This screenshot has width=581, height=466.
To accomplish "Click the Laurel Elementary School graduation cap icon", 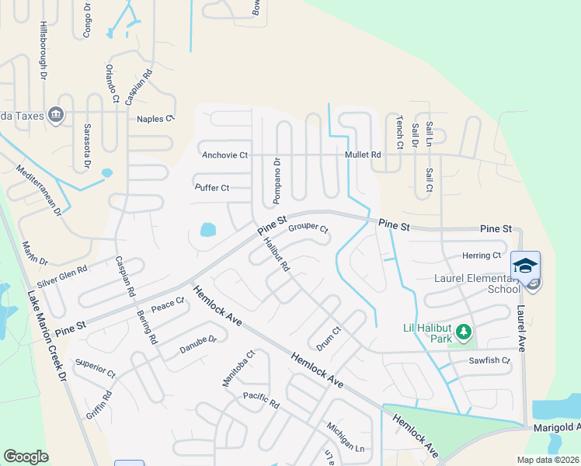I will click(x=525, y=265).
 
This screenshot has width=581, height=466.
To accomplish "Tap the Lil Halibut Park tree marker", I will click(x=464, y=333).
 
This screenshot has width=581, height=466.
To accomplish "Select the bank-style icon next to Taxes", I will click(x=55, y=115).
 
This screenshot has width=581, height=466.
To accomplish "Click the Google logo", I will click(x=26, y=457).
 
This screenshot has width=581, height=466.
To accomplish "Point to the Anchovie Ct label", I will click(x=224, y=155).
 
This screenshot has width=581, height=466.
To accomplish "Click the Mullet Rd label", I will click(x=364, y=155).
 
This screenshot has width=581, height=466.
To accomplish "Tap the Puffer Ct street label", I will click(x=211, y=188).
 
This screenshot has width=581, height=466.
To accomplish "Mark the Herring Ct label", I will click(x=481, y=256).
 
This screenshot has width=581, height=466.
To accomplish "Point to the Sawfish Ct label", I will click(x=489, y=361).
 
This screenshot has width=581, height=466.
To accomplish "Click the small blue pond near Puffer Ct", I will click(x=207, y=230).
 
